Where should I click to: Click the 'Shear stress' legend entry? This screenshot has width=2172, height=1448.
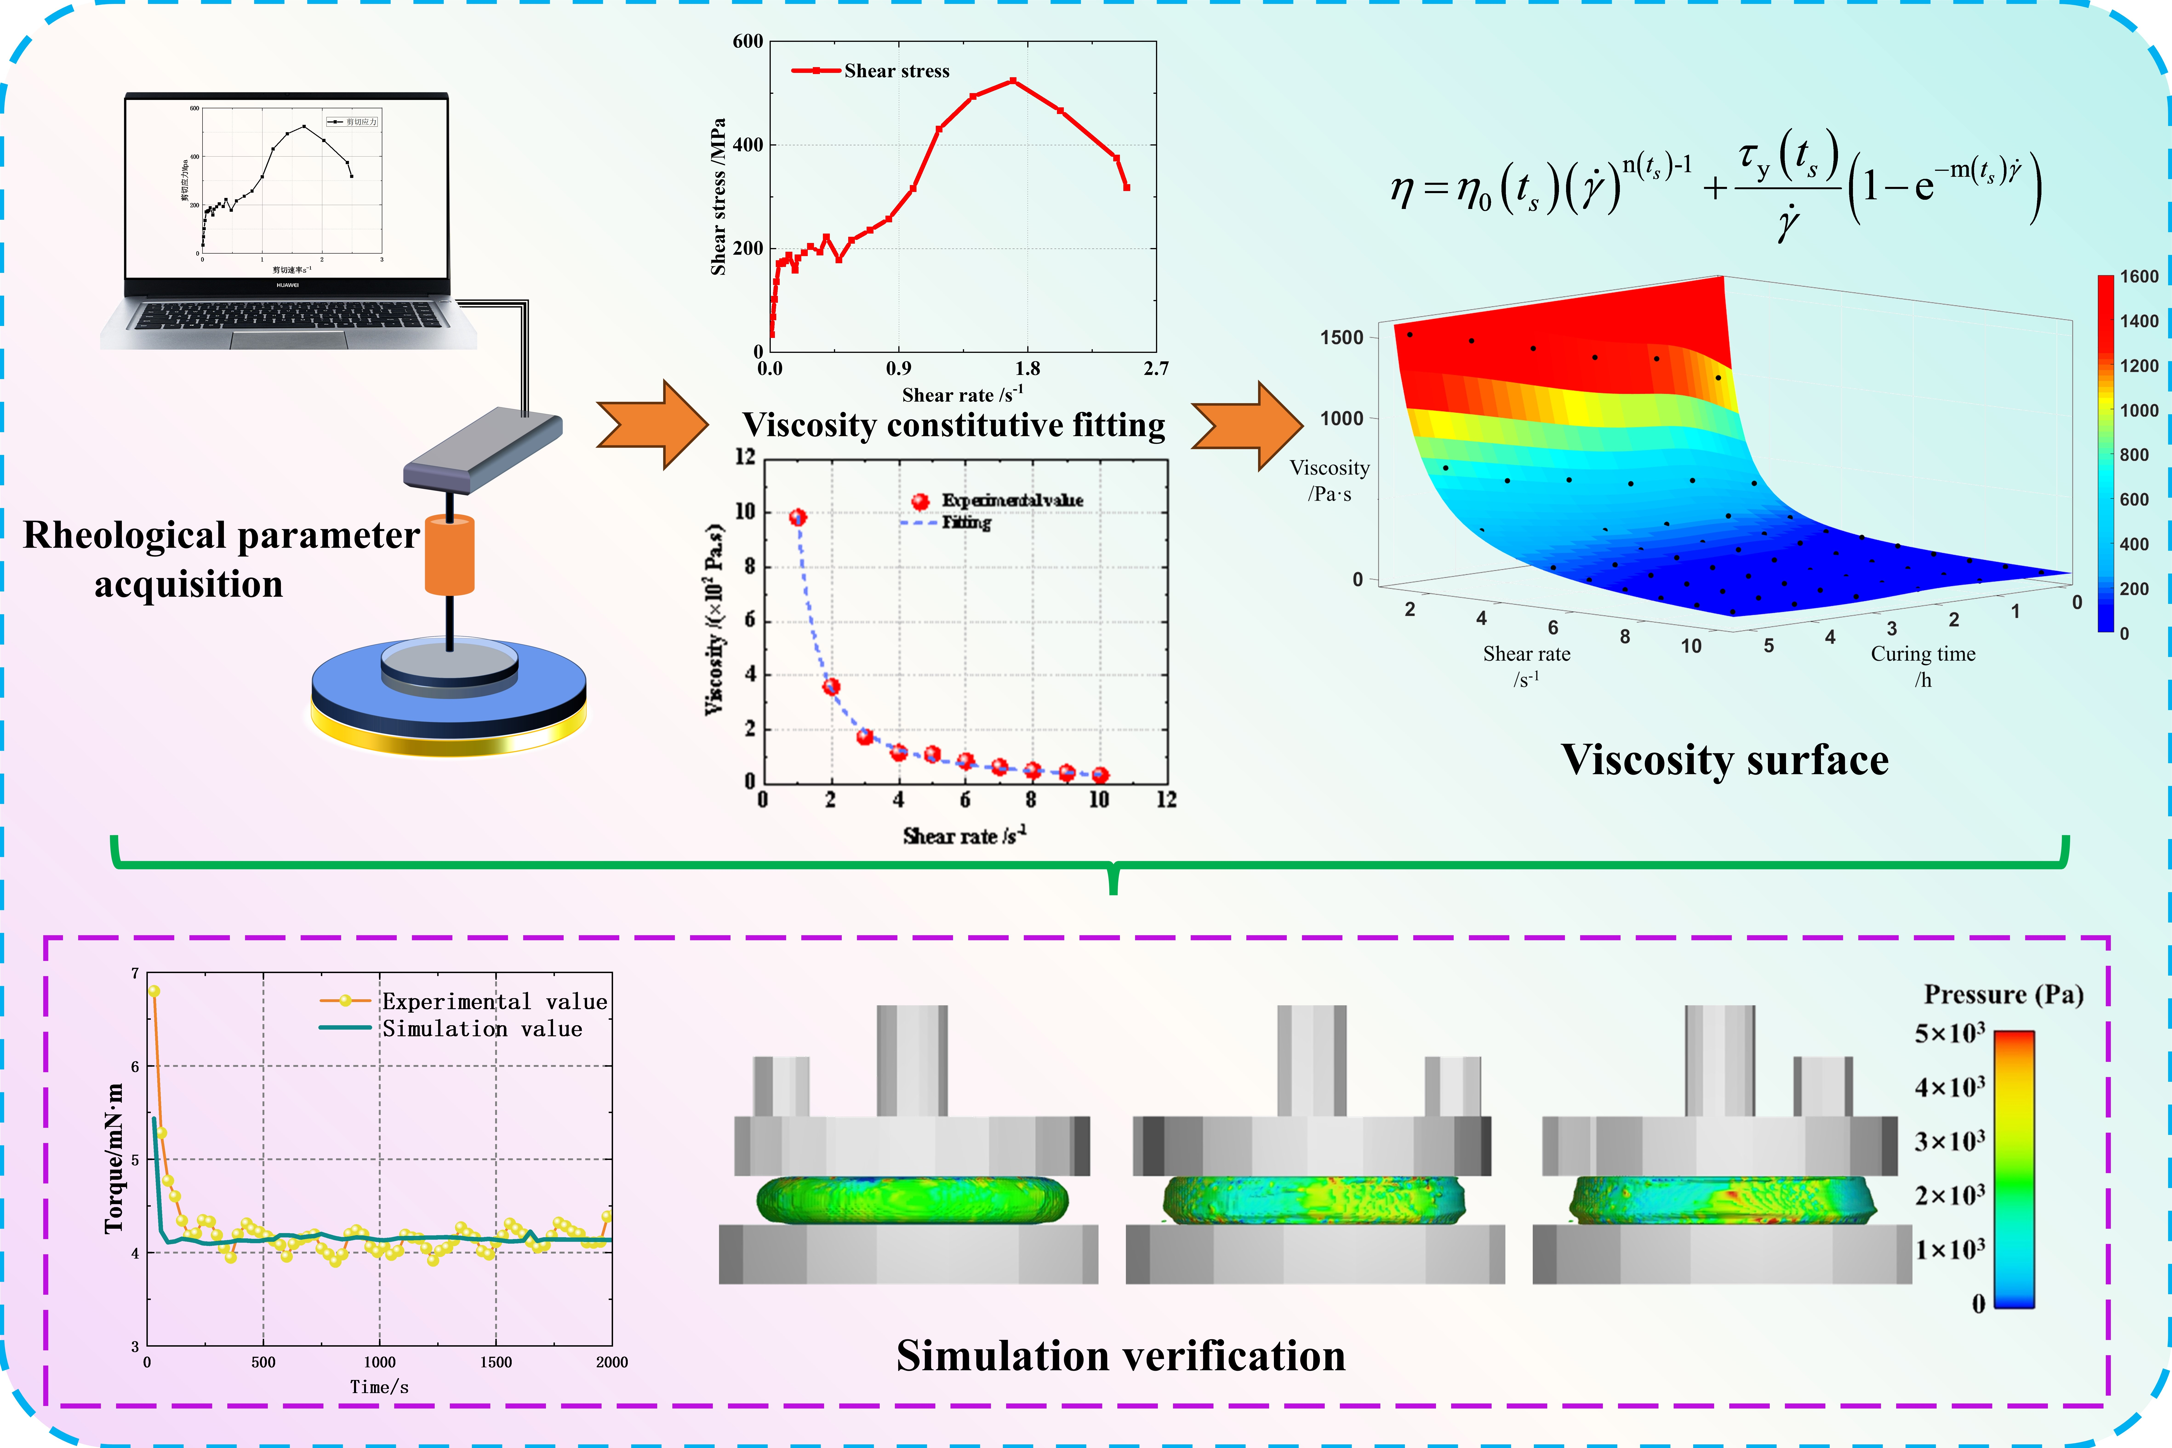point(896,71)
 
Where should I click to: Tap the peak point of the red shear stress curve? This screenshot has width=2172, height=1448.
point(1013,80)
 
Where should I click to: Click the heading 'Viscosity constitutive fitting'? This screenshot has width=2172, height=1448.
point(954,425)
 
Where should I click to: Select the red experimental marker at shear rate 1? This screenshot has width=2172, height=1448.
point(798,517)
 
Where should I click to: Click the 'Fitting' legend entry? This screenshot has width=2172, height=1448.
point(966,523)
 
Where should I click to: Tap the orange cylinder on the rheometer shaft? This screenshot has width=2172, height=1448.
point(450,554)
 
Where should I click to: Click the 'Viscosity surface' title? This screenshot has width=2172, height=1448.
point(1724,760)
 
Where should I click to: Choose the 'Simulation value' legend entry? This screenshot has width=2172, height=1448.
point(482,1029)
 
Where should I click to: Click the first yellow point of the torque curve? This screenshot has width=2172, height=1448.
point(154,991)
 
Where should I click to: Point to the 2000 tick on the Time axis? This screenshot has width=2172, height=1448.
point(611,1362)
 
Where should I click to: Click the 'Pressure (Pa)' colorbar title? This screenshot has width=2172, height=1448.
point(2003,995)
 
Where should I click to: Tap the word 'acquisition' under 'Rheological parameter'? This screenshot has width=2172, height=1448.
point(188,585)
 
